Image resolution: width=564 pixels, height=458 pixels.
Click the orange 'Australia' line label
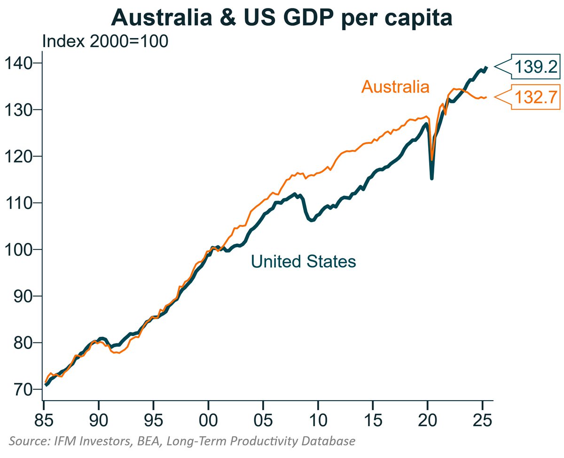coord(395,87)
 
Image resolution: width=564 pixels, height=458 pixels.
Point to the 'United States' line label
coord(303,261)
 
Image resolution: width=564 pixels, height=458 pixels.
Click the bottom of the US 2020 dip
coord(431,178)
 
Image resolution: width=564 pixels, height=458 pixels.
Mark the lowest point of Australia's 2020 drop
coord(431,160)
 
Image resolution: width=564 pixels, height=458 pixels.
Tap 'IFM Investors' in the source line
coord(88,441)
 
